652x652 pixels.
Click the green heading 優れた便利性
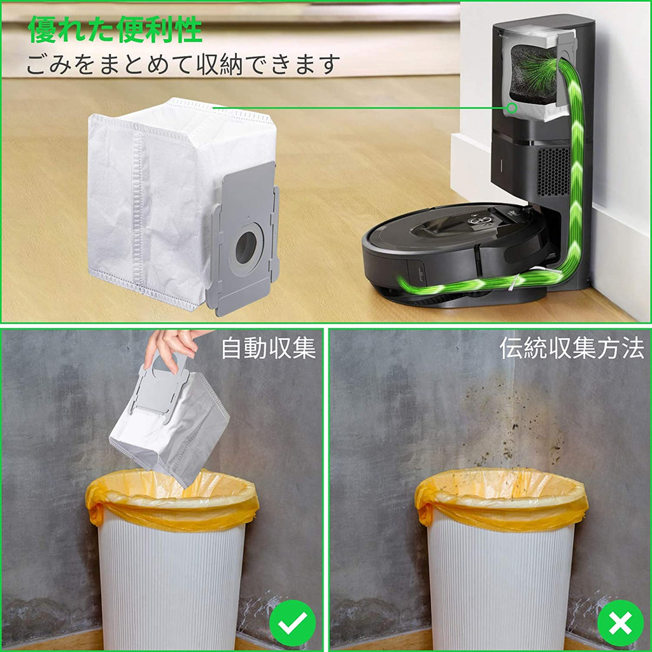pyautogui.click(x=115, y=29)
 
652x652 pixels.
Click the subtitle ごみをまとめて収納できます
pyautogui.click(x=183, y=64)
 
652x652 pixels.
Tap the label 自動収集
pyautogui.click(x=269, y=348)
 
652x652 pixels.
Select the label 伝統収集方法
pyautogui.click(x=572, y=348)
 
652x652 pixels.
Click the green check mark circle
pyautogui.click(x=292, y=623)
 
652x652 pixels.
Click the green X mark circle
pyautogui.click(x=620, y=623)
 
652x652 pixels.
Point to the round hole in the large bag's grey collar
pyautogui.click(x=246, y=248)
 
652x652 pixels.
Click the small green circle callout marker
pyautogui.click(x=513, y=108)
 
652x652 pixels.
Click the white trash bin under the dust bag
pyautogui.click(x=172, y=574)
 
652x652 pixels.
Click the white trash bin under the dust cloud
pyautogui.click(x=501, y=574)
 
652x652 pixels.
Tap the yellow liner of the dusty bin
pyautogui.click(x=500, y=499)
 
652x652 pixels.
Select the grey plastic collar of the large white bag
pyautogui.click(x=243, y=239)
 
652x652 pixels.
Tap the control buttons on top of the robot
pyautogui.click(x=478, y=218)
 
